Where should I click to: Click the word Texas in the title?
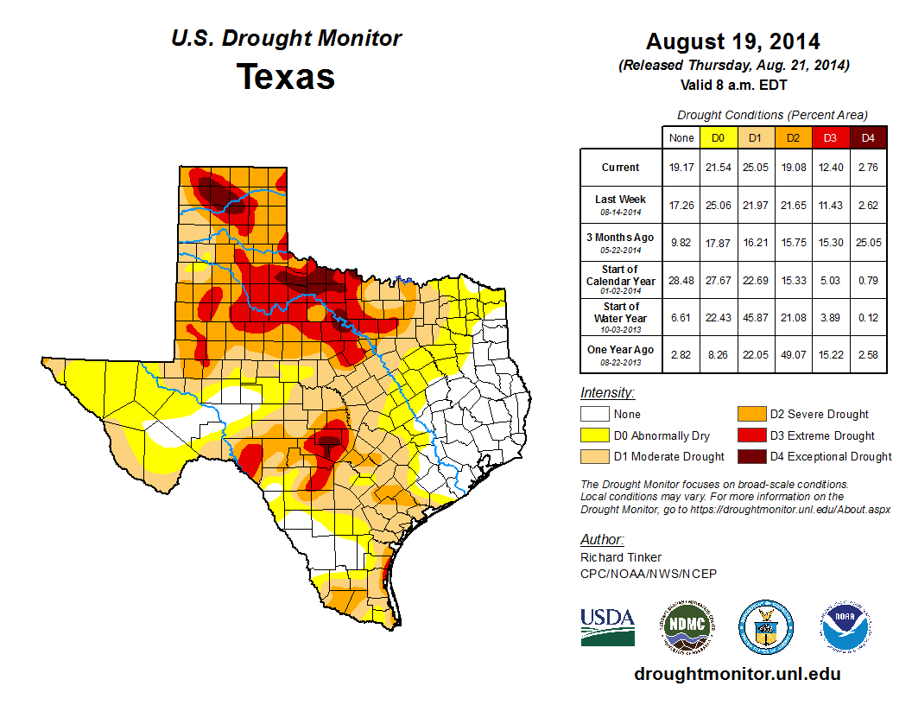pyautogui.click(x=286, y=77)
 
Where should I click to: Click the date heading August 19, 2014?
pyautogui.click(x=733, y=41)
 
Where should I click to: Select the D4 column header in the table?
pyautogui.click(x=868, y=137)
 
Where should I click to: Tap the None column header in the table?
pyautogui.click(x=681, y=137)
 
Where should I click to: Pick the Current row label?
pyautogui.click(x=620, y=168)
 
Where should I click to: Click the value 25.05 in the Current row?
pyautogui.click(x=757, y=168)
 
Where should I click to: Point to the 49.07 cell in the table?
pyautogui.click(x=794, y=351)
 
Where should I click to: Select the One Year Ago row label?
pyautogui.click(x=620, y=350)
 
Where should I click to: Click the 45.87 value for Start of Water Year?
pyautogui.click(x=757, y=318)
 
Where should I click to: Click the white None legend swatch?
pyautogui.click(x=594, y=415)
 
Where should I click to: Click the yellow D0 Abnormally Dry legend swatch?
pyautogui.click(x=594, y=435)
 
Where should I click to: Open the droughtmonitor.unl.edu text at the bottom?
pyautogui.click(x=737, y=674)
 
